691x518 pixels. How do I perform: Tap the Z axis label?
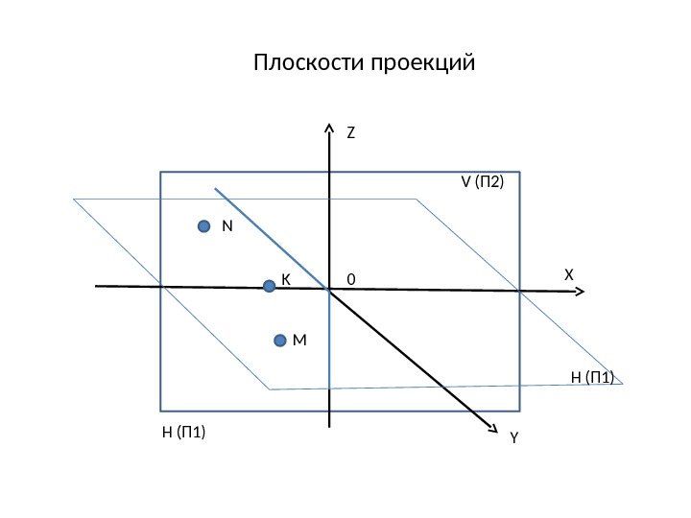point(351,134)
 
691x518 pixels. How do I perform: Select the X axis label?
point(569,274)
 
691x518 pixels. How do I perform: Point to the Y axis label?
point(514,438)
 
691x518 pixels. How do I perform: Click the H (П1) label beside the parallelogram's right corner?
point(592,378)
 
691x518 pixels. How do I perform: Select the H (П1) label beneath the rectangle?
point(184,433)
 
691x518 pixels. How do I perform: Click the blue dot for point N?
point(203,226)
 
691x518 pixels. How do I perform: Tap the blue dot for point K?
point(271,284)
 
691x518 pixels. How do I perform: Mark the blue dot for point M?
point(279,341)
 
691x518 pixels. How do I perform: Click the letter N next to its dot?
point(227,226)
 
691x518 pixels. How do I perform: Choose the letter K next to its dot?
point(285,280)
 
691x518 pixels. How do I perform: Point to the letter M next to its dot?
point(299,341)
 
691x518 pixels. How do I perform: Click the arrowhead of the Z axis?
point(329,127)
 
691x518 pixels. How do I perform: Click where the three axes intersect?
point(329,288)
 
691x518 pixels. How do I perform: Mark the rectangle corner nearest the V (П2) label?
point(519,173)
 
